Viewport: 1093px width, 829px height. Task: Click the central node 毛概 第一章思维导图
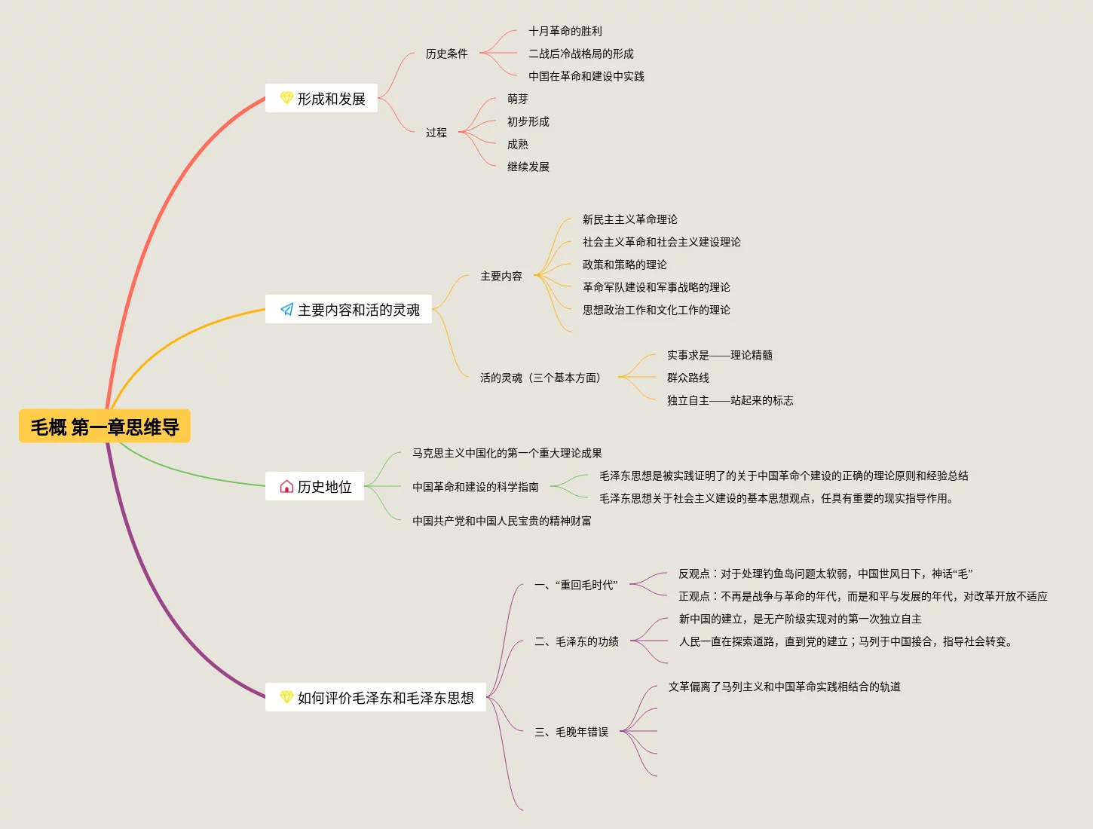[105, 427]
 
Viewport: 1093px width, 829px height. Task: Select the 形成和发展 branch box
[322, 99]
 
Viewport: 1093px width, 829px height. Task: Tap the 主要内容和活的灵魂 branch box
[348, 310]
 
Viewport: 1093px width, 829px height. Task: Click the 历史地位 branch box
[315, 487]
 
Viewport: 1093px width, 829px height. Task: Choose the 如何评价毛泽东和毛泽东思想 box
[375, 698]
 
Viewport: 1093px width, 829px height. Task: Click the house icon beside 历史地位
[286, 487]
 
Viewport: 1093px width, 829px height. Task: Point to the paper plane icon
[286, 310]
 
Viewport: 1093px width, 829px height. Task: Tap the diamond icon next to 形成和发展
[286, 98]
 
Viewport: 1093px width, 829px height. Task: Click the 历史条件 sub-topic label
[446, 54]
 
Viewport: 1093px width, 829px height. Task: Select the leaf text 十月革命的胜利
[565, 31]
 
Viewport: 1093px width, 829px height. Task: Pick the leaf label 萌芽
[517, 99]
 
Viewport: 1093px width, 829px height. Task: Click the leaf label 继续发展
[528, 167]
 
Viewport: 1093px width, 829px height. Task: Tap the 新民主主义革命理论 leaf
[629, 219]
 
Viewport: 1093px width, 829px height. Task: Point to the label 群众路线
[687, 378]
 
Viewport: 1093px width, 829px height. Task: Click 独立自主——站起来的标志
[730, 400]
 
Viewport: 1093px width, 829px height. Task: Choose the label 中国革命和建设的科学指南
[475, 487]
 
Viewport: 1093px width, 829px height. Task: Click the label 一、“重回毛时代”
[576, 585]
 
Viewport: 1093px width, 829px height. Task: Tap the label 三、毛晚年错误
[571, 732]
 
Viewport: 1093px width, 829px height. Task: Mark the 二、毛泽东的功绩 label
[576, 641]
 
